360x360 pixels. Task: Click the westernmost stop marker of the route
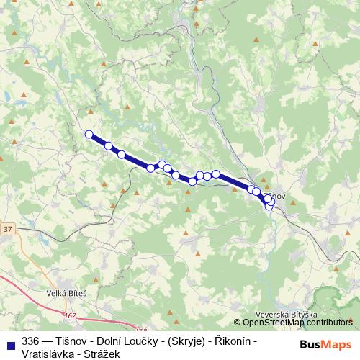click(89, 134)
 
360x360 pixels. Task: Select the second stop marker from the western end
click(109, 146)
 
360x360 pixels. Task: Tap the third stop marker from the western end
click(122, 155)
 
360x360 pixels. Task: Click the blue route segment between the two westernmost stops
click(99, 140)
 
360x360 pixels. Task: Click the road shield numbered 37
click(8, 229)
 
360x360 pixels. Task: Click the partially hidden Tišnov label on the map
click(279, 197)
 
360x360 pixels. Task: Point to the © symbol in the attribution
click(235, 323)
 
